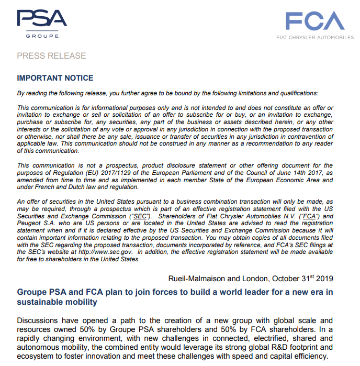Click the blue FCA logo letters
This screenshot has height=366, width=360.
pyautogui.click(x=314, y=20)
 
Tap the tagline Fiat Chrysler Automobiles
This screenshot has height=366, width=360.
pyautogui.click(x=314, y=38)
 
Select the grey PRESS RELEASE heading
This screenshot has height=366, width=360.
pyautogui.click(x=51, y=56)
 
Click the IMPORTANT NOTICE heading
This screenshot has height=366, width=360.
pyautogui.click(x=55, y=78)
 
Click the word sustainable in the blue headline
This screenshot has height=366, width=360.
pyautogui.click(x=39, y=302)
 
